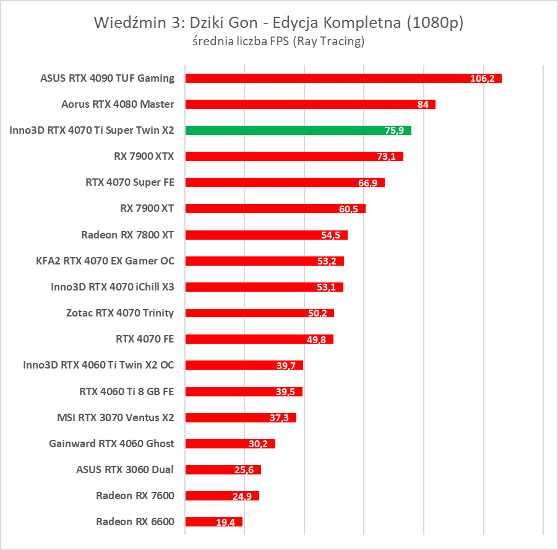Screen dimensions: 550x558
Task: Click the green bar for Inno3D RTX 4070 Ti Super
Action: click(297, 130)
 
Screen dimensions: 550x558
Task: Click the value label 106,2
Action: click(482, 79)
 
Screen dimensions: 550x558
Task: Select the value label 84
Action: click(423, 105)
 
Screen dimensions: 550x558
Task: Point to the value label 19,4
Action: click(225, 522)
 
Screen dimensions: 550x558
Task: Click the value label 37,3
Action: click(279, 418)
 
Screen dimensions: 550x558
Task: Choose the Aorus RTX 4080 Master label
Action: click(118, 104)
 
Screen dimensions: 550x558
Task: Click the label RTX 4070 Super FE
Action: click(130, 182)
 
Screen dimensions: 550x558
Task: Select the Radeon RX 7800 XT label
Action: click(127, 235)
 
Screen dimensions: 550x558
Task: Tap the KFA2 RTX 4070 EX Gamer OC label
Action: click(105, 261)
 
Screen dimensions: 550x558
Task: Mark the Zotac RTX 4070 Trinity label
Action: click(120, 313)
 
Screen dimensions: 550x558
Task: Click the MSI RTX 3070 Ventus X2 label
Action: click(115, 417)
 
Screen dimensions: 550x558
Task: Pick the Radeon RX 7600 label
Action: click(135, 495)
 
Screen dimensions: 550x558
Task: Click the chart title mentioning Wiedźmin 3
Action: click(278, 24)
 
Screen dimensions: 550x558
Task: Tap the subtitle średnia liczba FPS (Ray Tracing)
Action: click(278, 41)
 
